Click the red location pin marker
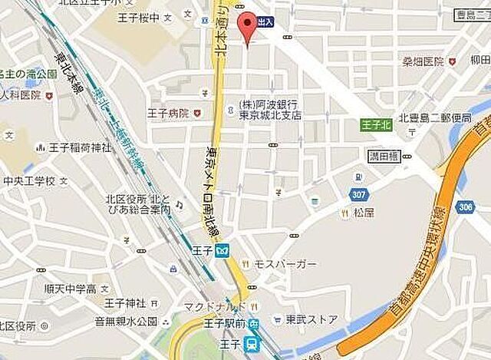(x=246, y=26)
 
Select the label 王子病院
(x=167, y=113)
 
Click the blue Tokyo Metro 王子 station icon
(x=222, y=250)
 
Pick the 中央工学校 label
(x=28, y=182)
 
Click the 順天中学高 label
(x=70, y=289)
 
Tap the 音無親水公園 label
(x=126, y=321)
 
